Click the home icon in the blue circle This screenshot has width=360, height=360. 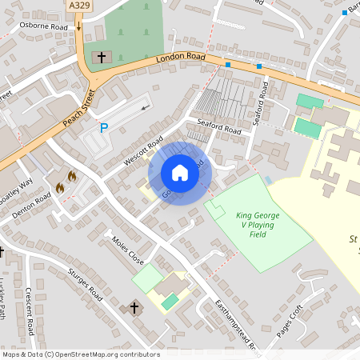click(x=180, y=173)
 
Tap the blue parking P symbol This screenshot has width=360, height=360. click(x=103, y=127)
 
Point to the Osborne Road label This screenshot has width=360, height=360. click(x=44, y=25)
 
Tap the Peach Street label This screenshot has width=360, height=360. click(x=78, y=110)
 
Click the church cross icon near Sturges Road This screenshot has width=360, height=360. click(x=134, y=308)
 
